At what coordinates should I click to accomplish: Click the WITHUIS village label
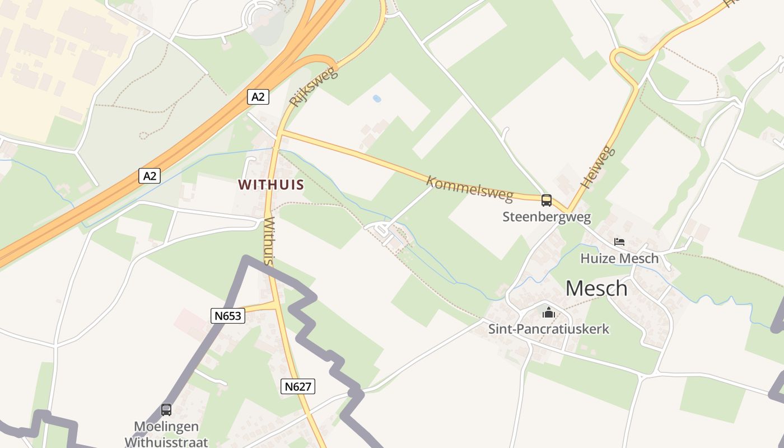(x=271, y=184)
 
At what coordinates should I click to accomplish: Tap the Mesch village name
(x=596, y=288)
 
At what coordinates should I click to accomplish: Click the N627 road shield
(x=298, y=386)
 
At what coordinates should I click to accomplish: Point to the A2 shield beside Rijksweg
(x=258, y=97)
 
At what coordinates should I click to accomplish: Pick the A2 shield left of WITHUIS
(x=150, y=176)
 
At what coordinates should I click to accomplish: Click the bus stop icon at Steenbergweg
(x=546, y=200)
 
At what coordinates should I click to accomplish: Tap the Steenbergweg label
(x=546, y=217)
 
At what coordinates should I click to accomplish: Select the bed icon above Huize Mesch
(x=619, y=242)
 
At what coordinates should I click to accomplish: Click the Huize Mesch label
(x=619, y=258)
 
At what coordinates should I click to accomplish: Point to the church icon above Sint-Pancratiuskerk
(x=548, y=312)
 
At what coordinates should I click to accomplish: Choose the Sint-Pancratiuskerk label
(x=548, y=329)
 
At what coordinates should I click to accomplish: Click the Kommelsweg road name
(x=469, y=189)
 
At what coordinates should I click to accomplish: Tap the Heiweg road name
(x=598, y=167)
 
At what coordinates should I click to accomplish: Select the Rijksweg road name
(x=314, y=87)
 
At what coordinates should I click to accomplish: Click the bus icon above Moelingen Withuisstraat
(x=166, y=409)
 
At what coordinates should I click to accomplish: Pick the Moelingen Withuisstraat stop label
(x=166, y=434)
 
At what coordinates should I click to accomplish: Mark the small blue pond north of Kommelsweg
(x=377, y=99)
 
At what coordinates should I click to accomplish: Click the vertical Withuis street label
(x=269, y=241)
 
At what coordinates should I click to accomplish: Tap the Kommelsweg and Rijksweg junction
(x=280, y=133)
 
